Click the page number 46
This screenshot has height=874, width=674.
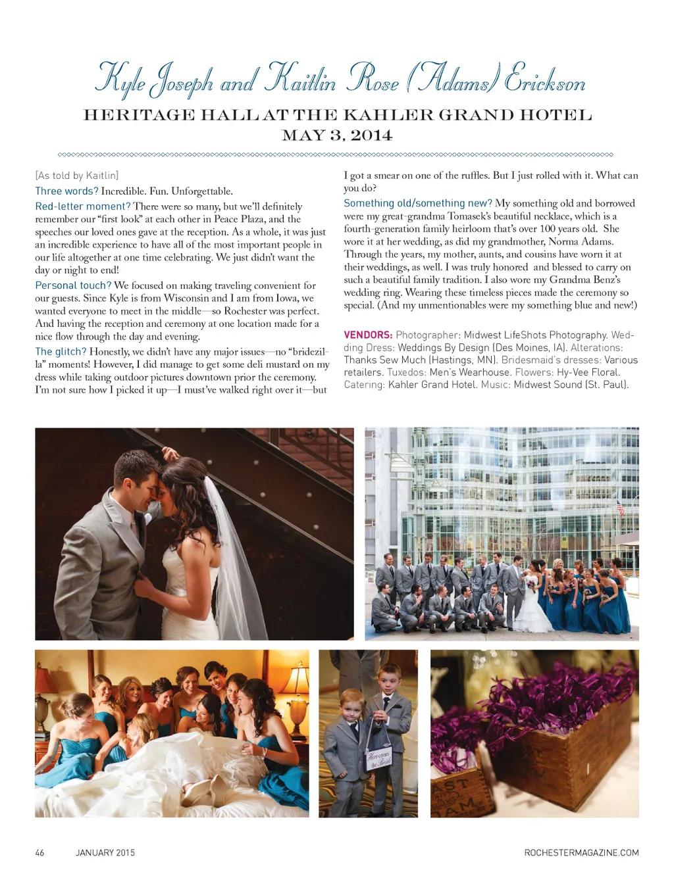click(x=39, y=853)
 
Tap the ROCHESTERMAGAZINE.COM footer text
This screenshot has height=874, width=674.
click(x=581, y=853)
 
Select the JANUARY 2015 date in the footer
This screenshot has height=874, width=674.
click(x=105, y=853)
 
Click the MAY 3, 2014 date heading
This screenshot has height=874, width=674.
click(x=337, y=136)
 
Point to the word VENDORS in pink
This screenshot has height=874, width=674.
click(x=368, y=335)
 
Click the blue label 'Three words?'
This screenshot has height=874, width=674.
click(x=66, y=191)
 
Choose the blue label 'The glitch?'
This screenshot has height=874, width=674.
click(x=61, y=351)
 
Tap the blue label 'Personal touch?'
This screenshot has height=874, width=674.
click(x=73, y=285)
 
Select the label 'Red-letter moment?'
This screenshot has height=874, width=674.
click(x=83, y=206)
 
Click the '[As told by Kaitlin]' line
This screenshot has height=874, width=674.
click(x=77, y=176)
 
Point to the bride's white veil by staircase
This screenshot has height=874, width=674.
click(x=230, y=559)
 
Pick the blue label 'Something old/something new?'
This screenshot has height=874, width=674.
click(x=418, y=203)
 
